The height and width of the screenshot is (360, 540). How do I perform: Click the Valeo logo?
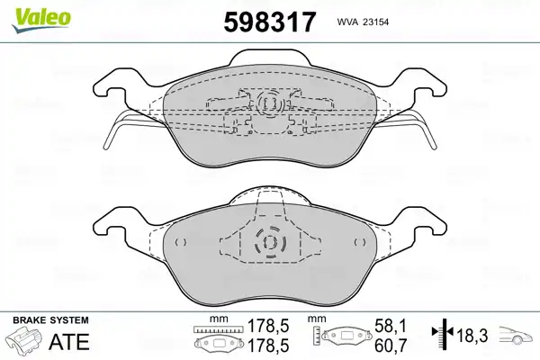(x=41, y=21)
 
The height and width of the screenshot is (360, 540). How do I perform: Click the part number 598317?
(x=269, y=22)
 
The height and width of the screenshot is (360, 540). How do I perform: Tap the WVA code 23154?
(x=374, y=22)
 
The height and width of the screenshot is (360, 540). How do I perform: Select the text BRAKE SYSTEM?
(x=50, y=320)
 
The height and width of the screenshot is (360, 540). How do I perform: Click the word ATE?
(x=69, y=342)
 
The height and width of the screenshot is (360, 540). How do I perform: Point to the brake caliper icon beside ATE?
(x=25, y=340)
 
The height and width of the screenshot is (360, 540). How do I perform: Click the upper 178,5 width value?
(x=268, y=326)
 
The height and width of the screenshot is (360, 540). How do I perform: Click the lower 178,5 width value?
(x=268, y=346)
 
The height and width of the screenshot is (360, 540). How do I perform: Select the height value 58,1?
(x=391, y=326)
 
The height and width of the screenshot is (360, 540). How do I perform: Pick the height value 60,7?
(x=391, y=346)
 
